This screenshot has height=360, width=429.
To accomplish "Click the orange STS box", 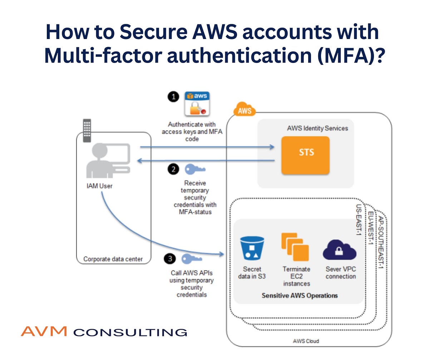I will [305, 155].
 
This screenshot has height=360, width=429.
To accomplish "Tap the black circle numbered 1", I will [173, 97].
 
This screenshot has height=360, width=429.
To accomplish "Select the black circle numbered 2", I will [173, 169].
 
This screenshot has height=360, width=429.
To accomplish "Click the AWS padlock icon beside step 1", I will [197, 104].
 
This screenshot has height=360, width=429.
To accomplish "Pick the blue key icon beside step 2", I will [195, 169].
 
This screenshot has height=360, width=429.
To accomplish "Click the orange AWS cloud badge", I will [245, 111].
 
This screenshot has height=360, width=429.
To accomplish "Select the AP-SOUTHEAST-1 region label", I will [381, 243].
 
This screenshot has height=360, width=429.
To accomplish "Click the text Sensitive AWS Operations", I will [300, 296].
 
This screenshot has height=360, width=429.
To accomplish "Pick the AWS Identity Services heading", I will [317, 128].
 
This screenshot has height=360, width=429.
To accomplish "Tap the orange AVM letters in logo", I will [44, 331].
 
